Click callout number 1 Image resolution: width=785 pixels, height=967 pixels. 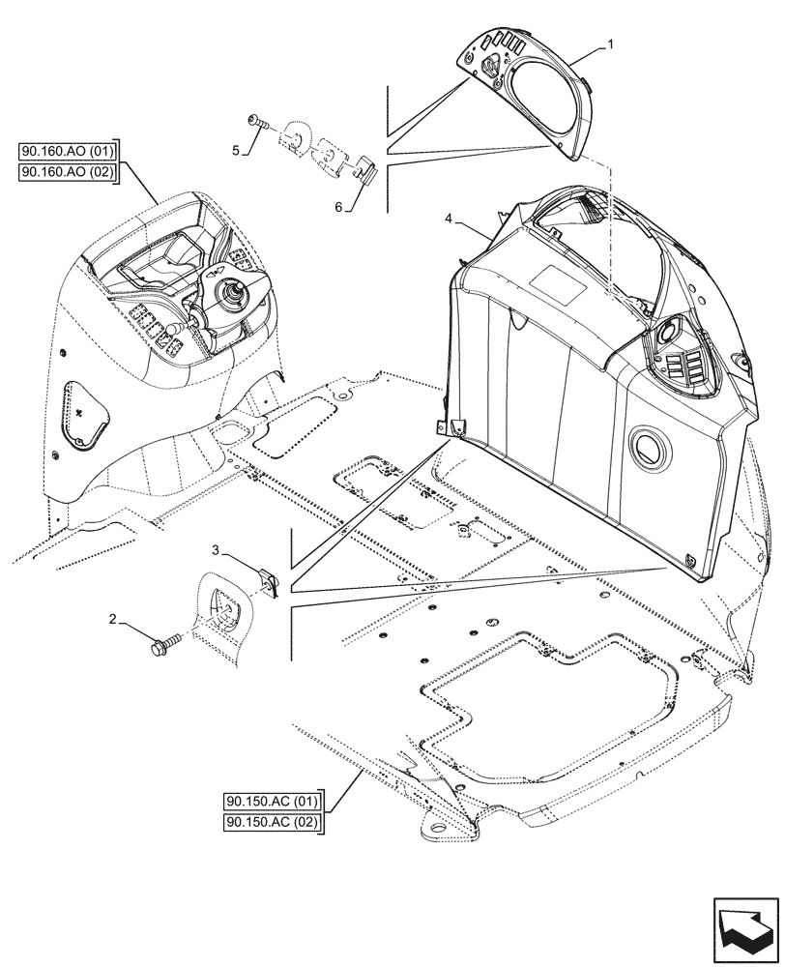click(x=610, y=44)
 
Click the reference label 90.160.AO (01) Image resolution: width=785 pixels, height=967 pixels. click(x=67, y=151)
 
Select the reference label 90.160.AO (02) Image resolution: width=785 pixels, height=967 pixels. click(x=67, y=172)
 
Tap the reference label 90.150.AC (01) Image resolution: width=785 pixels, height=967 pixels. click(x=274, y=802)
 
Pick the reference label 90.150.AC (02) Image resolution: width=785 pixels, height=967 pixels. click(x=274, y=823)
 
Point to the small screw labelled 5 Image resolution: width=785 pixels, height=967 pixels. click(x=256, y=122)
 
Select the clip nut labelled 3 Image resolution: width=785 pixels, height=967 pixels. click(x=269, y=581)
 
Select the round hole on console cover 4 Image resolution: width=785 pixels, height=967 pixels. click(x=645, y=447)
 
